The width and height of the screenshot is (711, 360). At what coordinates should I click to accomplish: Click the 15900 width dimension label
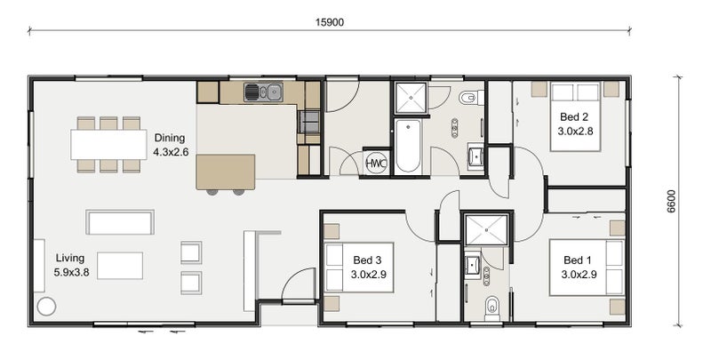click(330, 22)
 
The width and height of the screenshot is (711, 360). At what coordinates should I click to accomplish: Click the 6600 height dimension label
click(671, 201)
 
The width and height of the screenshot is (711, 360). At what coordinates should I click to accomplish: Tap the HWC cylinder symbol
click(376, 164)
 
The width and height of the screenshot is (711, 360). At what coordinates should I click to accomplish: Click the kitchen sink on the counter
click(263, 92)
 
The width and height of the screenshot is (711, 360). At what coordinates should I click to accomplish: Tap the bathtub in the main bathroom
click(408, 146)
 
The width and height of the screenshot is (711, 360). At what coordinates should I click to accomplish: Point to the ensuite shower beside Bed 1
click(486, 230)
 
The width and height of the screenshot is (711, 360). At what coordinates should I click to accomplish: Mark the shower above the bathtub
click(411, 98)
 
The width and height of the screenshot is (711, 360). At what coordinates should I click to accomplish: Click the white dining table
click(108, 145)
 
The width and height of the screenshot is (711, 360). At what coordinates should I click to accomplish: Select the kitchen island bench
click(226, 172)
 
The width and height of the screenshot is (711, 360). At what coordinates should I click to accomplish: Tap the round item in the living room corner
click(46, 307)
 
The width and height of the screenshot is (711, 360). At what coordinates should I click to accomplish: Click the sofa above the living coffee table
click(120, 222)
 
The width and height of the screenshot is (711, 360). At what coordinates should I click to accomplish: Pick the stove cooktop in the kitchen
click(308, 122)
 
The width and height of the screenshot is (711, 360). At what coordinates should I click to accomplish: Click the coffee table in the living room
click(120, 266)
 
